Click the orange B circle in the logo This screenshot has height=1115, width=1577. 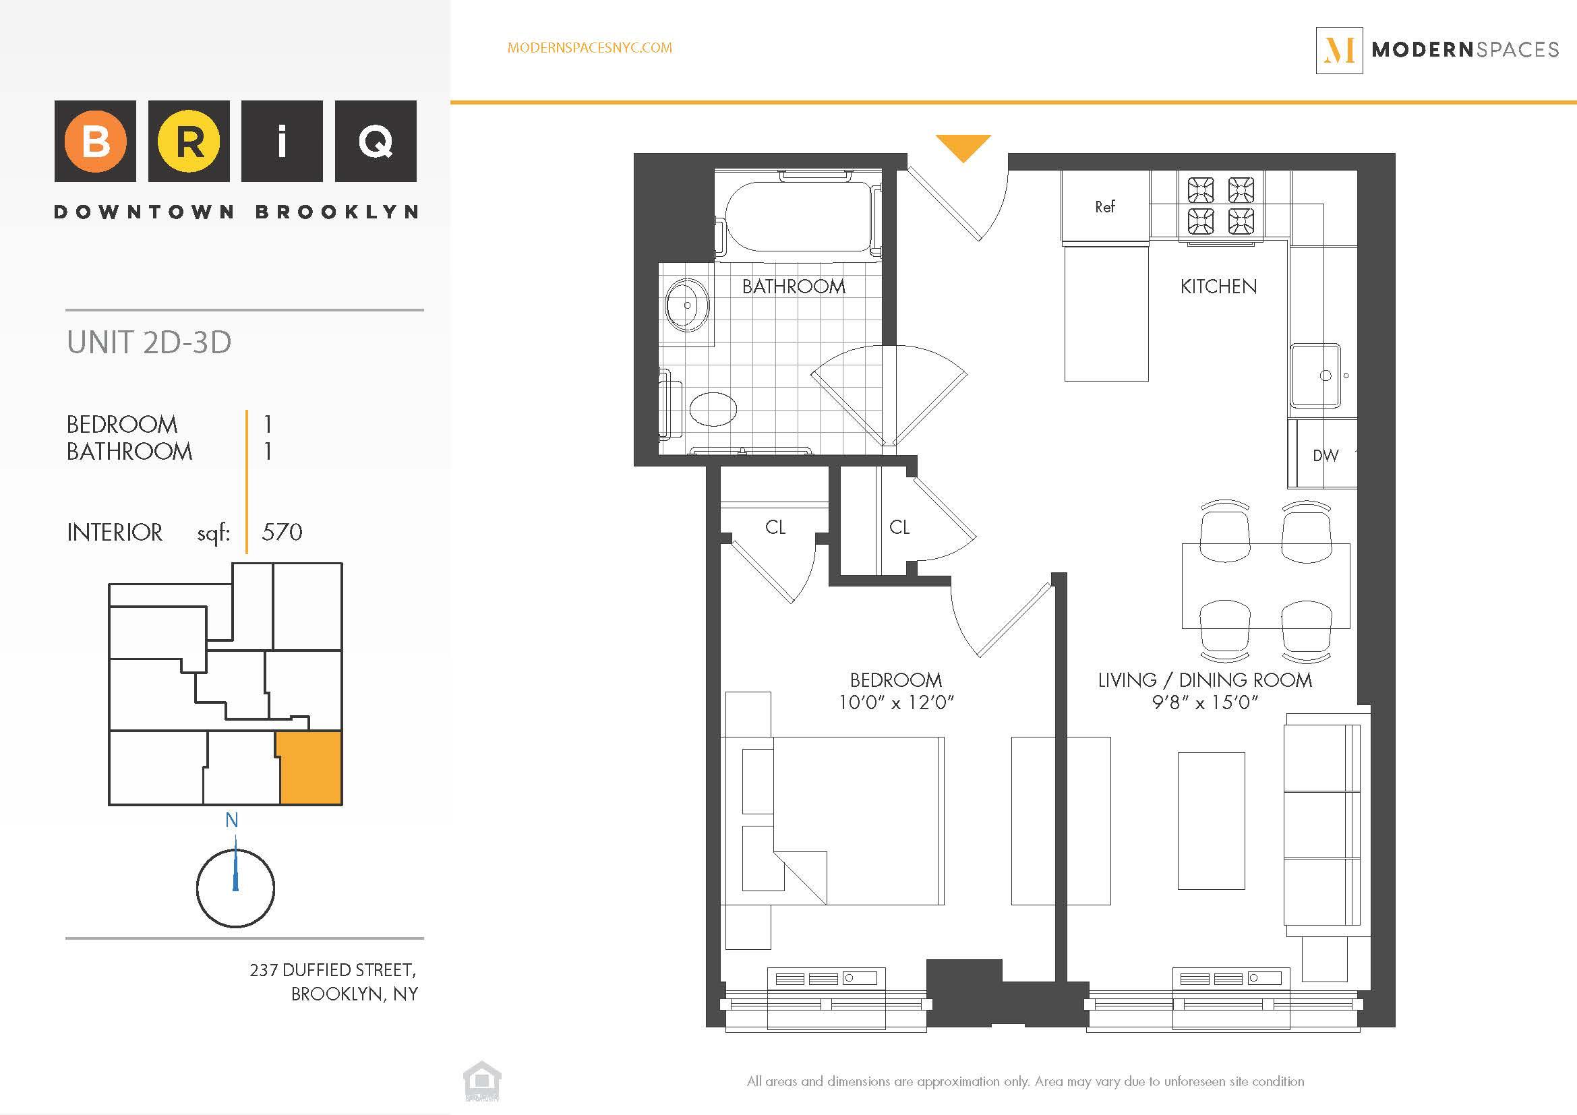(96, 142)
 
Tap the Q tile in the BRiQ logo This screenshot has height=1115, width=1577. (375, 142)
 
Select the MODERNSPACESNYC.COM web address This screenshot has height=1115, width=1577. (589, 48)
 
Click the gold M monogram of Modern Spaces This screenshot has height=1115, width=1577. (1340, 50)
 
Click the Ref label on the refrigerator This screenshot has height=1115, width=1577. (1104, 207)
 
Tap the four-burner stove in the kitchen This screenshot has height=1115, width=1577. (1221, 205)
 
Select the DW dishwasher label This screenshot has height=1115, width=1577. (1325, 455)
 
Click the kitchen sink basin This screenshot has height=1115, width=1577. (1315, 375)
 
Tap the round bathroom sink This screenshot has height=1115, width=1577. (687, 305)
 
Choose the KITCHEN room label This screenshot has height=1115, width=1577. (1218, 287)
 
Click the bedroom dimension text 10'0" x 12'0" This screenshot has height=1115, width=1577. (895, 702)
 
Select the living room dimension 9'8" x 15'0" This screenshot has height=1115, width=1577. (1205, 702)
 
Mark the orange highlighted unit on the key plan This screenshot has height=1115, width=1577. (309, 767)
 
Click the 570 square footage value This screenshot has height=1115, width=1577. (282, 532)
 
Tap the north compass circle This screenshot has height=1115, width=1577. (235, 888)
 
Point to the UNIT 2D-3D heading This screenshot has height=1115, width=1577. (149, 342)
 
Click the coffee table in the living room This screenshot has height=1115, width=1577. (1211, 820)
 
